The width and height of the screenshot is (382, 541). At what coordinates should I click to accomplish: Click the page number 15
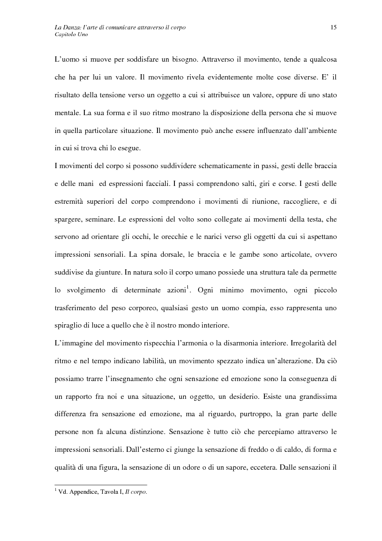pyautogui.click(x=333, y=28)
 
